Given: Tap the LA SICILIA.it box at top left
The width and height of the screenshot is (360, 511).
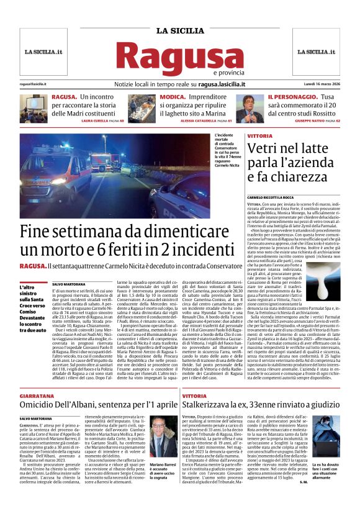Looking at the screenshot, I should (x=46, y=52).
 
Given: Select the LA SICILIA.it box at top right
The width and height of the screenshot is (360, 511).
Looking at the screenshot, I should (x=314, y=52).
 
